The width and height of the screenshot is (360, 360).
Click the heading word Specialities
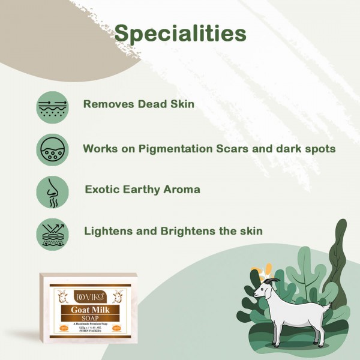click(180, 33)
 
